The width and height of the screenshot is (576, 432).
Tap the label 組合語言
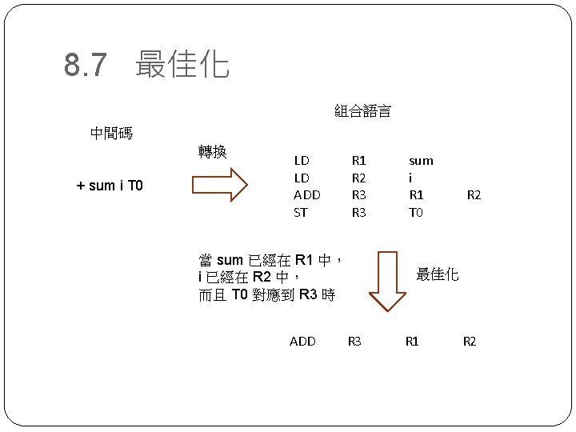[x=362, y=111]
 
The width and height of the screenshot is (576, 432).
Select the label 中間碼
[x=111, y=134]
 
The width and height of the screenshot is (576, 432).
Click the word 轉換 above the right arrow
[x=212, y=151]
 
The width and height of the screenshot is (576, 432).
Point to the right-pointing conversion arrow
[x=220, y=186]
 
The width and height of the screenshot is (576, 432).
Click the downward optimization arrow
[x=388, y=280]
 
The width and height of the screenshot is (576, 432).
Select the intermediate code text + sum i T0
[x=109, y=186]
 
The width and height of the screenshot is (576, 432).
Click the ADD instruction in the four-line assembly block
[x=306, y=194]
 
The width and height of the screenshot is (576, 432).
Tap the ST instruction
[x=301, y=212]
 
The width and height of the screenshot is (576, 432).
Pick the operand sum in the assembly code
[x=421, y=160]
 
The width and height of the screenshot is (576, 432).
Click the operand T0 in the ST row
[x=416, y=212]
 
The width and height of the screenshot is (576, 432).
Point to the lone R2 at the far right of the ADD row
[x=474, y=194]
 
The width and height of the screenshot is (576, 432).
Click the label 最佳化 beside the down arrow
[x=438, y=274]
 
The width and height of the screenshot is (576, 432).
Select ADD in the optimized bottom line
[x=302, y=342]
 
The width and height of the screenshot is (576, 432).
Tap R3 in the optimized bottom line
[x=354, y=342]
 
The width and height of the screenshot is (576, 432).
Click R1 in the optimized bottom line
[x=412, y=342]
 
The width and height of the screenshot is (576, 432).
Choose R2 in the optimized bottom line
[x=470, y=342]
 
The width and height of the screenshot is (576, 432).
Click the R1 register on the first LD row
[x=359, y=160]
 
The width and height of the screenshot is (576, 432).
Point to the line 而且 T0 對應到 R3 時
[x=266, y=295]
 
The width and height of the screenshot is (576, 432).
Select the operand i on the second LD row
[x=410, y=178]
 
